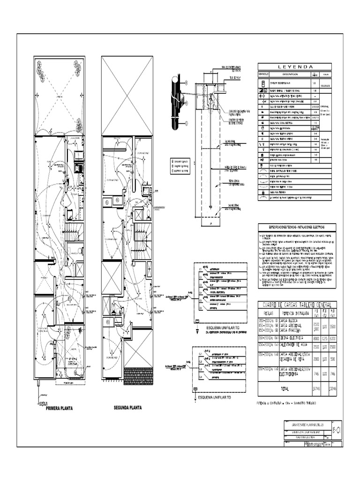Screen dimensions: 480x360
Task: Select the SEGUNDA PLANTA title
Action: tap(127, 407)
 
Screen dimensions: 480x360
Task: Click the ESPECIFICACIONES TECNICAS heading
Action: tap(294, 226)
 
